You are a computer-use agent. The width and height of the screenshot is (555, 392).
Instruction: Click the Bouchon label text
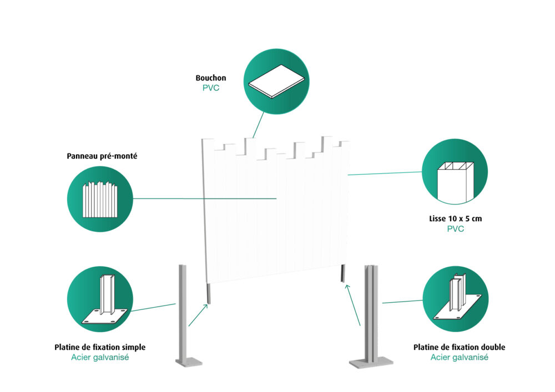pos(210,78)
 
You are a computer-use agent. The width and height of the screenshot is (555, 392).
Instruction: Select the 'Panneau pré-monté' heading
pos(102,156)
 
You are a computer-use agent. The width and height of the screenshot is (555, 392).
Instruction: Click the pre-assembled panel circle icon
pos(100,198)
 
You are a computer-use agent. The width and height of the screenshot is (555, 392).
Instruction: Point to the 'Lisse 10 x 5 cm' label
pos(455,218)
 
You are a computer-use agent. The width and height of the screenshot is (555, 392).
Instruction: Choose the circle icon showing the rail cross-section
pos(455,172)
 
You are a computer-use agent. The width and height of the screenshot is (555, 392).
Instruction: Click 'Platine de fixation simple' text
pos(100,347)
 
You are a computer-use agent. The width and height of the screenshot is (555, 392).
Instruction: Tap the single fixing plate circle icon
pos(100,299)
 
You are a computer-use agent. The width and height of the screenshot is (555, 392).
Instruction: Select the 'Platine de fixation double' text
pos(460,347)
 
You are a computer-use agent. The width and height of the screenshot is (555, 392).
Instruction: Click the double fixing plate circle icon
pos(456,300)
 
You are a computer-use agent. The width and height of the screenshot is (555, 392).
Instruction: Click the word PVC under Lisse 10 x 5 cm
pos(455,228)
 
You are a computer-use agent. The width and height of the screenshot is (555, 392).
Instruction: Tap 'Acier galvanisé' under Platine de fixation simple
pos(100,358)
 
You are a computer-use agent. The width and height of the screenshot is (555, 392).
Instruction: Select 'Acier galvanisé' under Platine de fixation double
pos(460,358)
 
